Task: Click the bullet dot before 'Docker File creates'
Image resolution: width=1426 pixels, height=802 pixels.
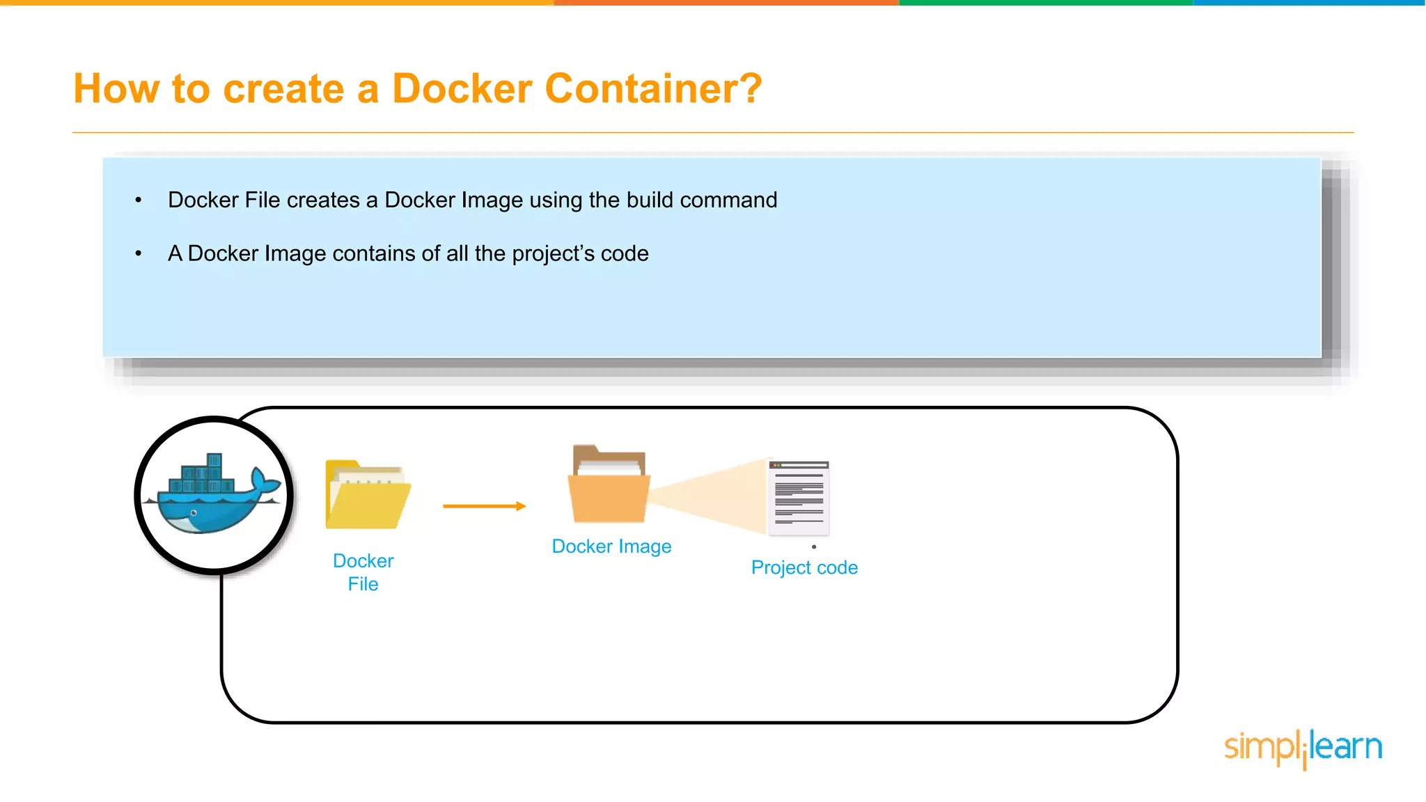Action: click(x=139, y=200)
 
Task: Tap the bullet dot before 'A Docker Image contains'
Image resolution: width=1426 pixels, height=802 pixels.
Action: click(x=139, y=254)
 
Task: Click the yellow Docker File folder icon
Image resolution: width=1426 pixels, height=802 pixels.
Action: click(x=368, y=495)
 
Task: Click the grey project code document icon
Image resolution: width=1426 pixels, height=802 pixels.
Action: click(x=799, y=497)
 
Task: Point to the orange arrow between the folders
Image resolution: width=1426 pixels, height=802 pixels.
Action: click(x=484, y=506)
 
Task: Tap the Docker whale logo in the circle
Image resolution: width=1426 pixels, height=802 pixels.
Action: click(x=214, y=495)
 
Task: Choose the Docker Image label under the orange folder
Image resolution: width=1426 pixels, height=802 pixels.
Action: click(x=611, y=547)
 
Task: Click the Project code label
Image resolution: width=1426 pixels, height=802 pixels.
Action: click(x=804, y=567)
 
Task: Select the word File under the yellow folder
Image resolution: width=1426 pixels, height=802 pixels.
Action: click(x=363, y=584)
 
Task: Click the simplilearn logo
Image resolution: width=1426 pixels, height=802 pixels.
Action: click(x=1303, y=748)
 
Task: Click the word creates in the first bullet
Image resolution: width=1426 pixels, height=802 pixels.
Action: click(x=323, y=200)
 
